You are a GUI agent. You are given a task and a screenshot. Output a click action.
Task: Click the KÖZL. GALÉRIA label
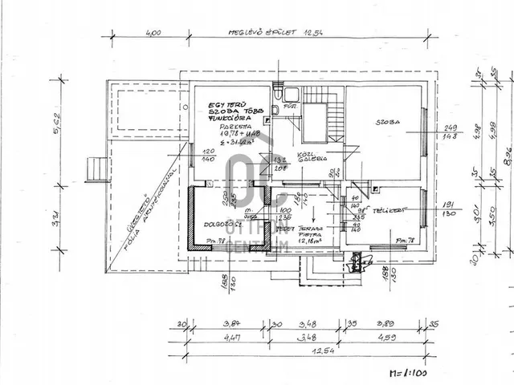point(312,156)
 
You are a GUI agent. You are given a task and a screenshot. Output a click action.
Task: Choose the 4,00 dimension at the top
point(153,33)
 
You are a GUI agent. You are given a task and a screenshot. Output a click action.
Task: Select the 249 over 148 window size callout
point(449,132)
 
